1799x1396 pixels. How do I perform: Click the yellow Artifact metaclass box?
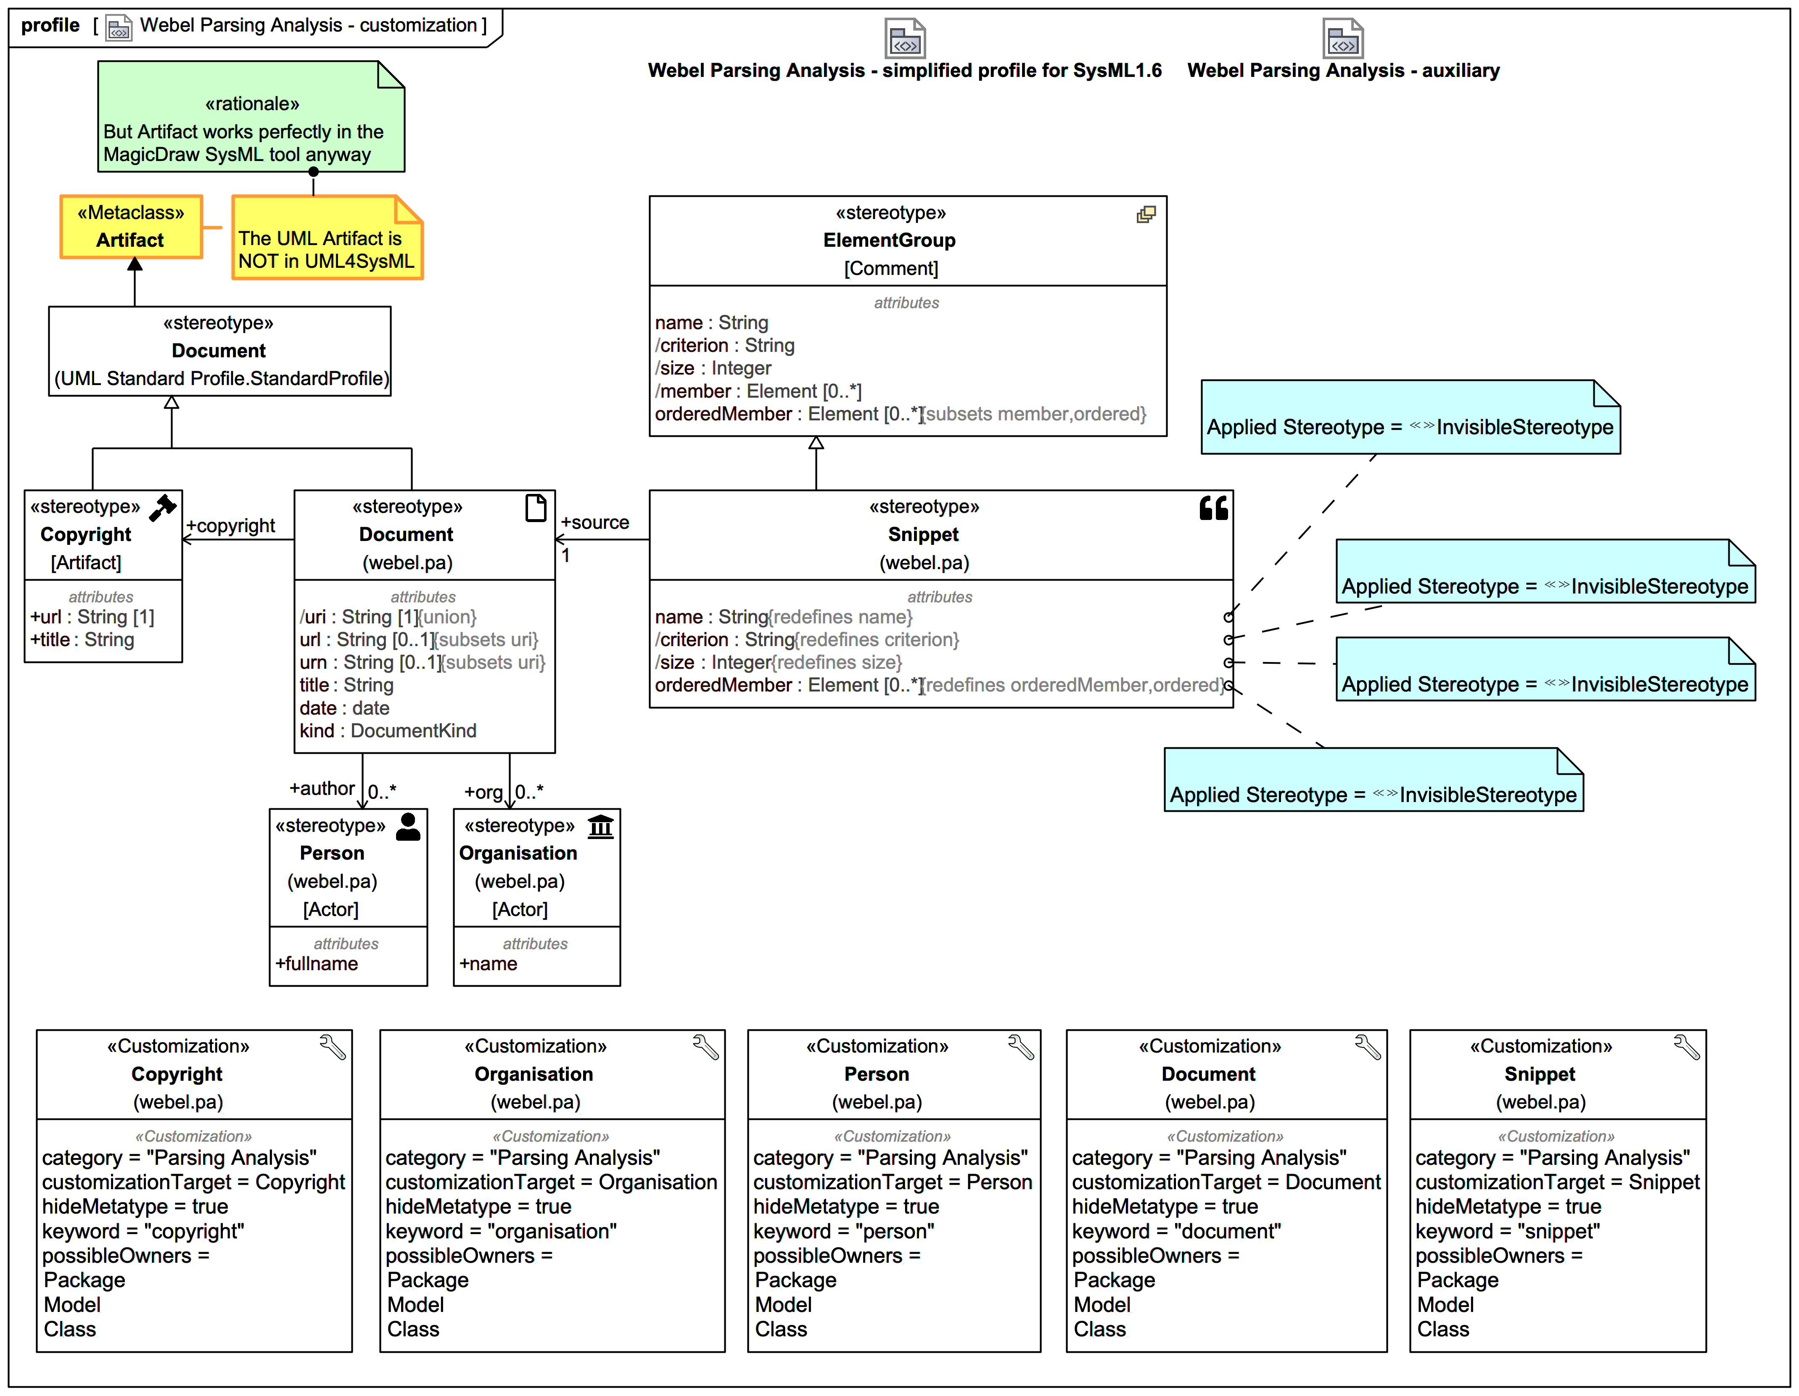(x=131, y=227)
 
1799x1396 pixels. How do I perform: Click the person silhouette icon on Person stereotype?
(x=408, y=826)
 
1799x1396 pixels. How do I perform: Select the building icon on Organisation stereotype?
(x=600, y=826)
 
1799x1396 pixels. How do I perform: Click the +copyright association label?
(x=231, y=525)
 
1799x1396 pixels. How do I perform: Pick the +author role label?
(x=321, y=788)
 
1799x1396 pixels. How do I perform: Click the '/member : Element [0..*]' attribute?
(x=758, y=391)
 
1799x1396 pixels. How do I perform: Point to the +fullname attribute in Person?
(x=316, y=963)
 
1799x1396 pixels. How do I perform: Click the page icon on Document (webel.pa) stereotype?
(x=536, y=508)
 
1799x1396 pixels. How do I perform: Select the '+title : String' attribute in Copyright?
(x=82, y=640)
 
